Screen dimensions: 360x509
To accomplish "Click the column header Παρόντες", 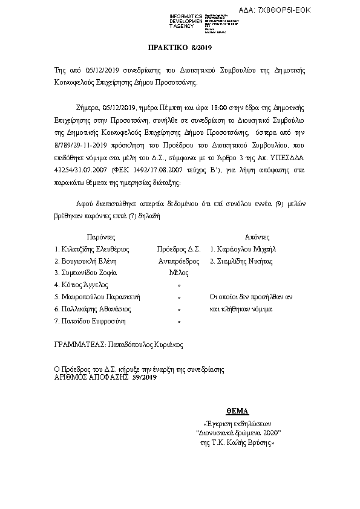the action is (x=100, y=236).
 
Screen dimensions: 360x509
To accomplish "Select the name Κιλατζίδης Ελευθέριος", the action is (x=91, y=248).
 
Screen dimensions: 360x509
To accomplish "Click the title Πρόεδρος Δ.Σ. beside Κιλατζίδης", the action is (x=178, y=248).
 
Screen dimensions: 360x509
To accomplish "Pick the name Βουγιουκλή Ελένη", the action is (x=85, y=261).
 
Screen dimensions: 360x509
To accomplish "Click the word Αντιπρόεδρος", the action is (x=178, y=261).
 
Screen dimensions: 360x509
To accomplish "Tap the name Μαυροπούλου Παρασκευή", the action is (x=97, y=297).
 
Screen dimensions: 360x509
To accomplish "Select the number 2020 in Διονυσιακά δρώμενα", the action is (x=270, y=433).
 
